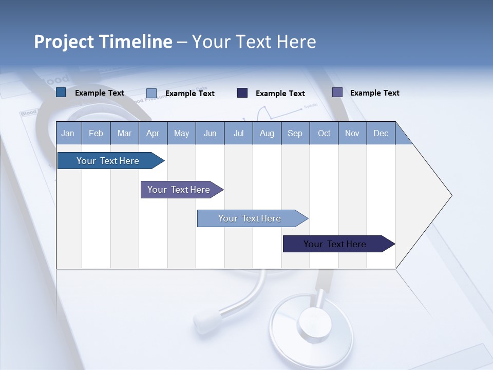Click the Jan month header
(68, 134)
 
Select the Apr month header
(153, 134)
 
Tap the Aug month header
(267, 134)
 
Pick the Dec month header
(381, 134)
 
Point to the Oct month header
(324, 134)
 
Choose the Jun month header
(210, 134)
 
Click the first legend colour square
(61, 92)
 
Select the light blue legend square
(151, 93)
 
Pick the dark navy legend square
(242, 92)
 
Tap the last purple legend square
(337, 92)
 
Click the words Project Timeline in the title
(103, 42)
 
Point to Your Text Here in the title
(254, 42)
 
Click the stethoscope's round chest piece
(311, 324)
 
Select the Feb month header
(96, 134)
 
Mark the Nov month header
(352, 134)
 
